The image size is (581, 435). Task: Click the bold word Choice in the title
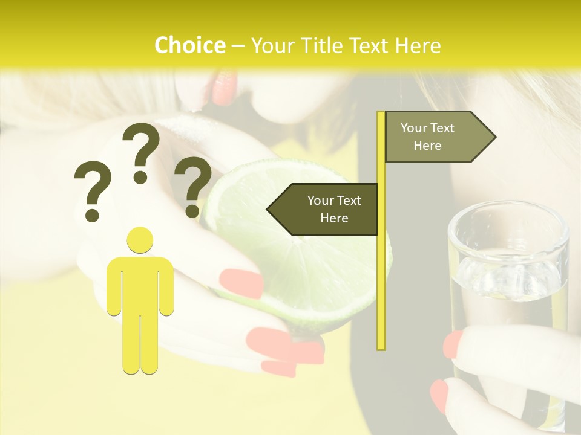(x=189, y=45)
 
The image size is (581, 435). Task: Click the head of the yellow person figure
(x=140, y=240)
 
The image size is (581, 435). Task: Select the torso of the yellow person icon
(x=140, y=284)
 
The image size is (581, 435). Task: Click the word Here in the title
(x=418, y=45)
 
